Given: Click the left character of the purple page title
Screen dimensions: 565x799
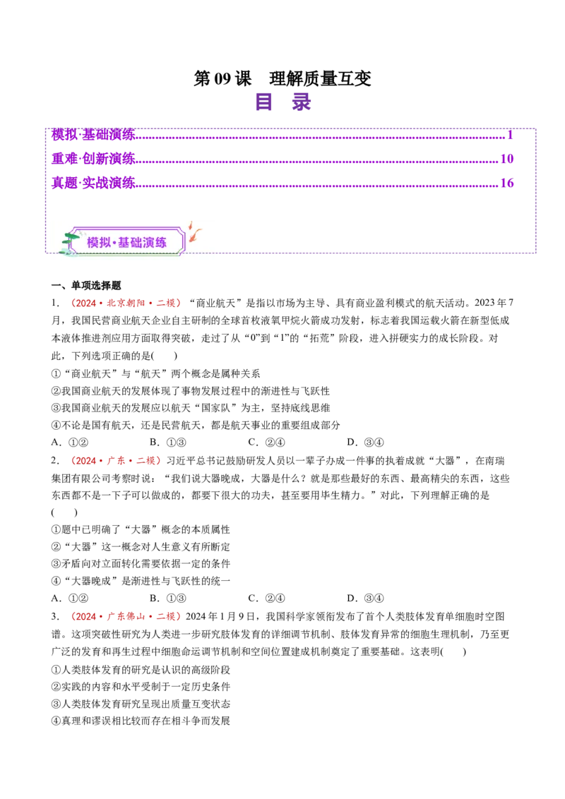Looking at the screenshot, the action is (264, 102).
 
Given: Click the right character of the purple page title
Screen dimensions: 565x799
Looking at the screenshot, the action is (302, 102).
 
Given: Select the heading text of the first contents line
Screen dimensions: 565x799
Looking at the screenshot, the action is (93, 133).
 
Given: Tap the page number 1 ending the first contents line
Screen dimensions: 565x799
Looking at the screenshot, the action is (509, 133).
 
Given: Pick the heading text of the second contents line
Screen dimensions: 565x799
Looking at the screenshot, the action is (93, 157).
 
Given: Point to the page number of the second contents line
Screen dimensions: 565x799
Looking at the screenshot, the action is (506, 157).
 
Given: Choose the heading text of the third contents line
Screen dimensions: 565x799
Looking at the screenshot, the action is (93, 182).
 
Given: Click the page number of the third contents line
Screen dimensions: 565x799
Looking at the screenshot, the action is (506, 182).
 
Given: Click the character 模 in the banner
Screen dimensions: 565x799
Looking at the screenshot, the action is (93, 243).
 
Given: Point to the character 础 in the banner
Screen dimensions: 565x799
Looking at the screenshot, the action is (137, 243).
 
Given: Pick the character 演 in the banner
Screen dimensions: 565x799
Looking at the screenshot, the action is (149, 243).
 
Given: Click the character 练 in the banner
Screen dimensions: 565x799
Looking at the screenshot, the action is (161, 243).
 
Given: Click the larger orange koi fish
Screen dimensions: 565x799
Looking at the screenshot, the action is (194, 235).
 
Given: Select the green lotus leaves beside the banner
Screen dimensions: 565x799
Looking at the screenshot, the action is (70, 240).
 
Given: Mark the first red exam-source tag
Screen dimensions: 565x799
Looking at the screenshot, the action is (125, 304).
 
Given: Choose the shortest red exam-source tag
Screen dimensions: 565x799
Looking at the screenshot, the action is (116, 461).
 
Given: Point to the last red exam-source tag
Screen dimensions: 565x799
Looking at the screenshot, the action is (125, 616).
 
